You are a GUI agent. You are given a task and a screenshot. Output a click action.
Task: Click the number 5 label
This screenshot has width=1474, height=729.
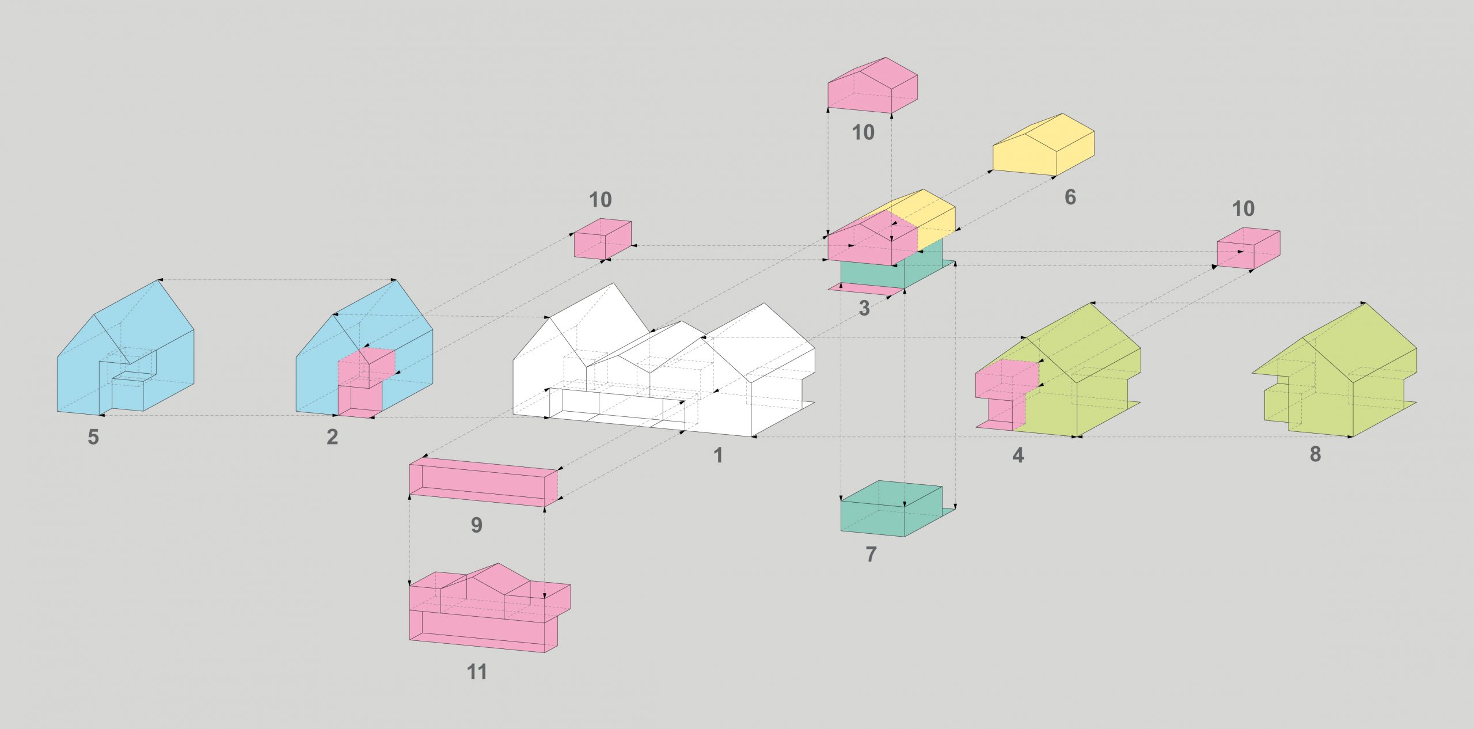93,437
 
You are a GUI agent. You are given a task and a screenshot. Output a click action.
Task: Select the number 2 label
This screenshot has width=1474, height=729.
332,437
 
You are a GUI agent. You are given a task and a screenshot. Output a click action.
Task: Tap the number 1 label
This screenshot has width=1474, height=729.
718,455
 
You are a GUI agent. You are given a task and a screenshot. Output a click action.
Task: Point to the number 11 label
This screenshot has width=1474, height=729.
477,672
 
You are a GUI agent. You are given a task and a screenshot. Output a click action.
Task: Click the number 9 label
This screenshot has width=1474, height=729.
477,525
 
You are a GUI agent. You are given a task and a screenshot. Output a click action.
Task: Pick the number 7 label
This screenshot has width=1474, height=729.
871,555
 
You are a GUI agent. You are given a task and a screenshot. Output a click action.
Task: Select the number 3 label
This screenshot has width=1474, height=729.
864,308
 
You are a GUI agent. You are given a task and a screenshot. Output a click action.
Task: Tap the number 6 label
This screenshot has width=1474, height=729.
1070,197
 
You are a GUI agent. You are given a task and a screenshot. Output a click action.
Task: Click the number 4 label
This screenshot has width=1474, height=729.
1018,455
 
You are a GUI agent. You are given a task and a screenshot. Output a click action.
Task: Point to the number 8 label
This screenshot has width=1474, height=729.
1315,454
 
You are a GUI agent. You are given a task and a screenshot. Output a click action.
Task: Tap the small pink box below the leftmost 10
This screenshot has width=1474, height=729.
602,239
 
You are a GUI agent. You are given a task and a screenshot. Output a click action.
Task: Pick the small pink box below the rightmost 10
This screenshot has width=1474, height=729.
1248,248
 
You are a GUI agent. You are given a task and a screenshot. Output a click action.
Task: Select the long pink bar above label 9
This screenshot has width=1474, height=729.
484,483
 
